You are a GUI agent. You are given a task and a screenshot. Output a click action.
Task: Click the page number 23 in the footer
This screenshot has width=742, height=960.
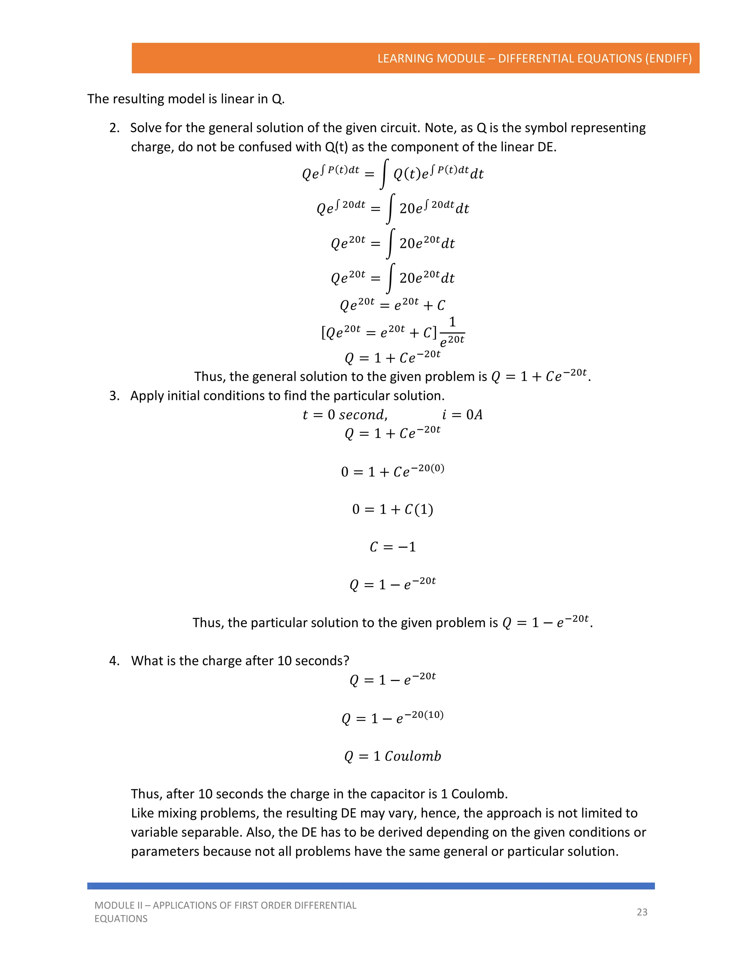point(642,912)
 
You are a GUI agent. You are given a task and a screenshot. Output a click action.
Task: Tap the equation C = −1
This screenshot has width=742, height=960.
point(392,547)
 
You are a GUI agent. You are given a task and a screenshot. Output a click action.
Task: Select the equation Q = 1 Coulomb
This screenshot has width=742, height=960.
point(392,756)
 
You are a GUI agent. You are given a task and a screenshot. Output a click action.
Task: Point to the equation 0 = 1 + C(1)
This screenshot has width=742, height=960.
point(392,509)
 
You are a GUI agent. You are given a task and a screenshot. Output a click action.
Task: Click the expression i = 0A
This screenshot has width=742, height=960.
point(462,414)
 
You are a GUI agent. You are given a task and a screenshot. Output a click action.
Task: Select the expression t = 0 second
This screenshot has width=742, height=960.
point(345,414)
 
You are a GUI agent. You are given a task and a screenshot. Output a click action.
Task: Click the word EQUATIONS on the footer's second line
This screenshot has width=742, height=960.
point(121,919)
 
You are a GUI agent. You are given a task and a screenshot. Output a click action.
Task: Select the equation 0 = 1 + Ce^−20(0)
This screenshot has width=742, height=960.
point(392,471)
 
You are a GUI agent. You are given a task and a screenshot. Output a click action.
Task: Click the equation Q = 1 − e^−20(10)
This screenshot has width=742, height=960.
point(392,718)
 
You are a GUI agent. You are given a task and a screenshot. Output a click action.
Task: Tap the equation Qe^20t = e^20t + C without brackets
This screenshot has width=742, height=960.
point(392,304)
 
